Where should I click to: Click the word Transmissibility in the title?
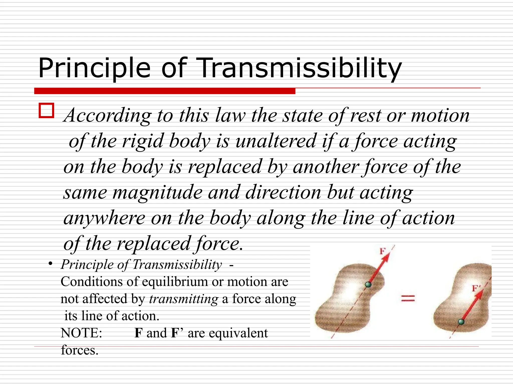[x=298, y=68]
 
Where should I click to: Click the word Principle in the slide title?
[x=94, y=68]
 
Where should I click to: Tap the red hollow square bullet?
[x=46, y=111]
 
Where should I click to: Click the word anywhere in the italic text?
[x=104, y=218]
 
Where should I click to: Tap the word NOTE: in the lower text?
[x=81, y=333]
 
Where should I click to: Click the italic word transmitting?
[x=184, y=299]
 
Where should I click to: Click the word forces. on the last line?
[x=80, y=350]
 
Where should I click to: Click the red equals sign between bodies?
[x=408, y=298]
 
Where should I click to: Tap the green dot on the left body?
[x=368, y=284]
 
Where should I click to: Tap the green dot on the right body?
[x=461, y=322]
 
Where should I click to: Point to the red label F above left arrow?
[x=382, y=251]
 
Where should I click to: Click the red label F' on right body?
[x=475, y=288]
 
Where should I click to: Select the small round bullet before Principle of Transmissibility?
[x=51, y=264]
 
